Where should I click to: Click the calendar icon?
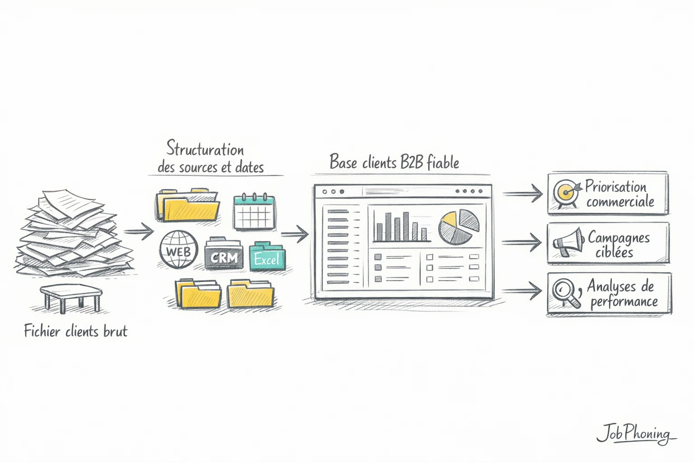pos(254,212)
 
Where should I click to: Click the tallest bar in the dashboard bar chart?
pos(406,227)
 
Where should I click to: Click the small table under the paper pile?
pos(70,297)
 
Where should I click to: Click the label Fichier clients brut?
pos(75,331)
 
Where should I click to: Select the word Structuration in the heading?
pos(205,149)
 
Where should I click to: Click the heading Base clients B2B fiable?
pos(394,162)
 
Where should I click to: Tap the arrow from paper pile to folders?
pos(139,231)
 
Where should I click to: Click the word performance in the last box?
pos(624,302)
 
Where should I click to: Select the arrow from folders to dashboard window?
pos(295,234)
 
